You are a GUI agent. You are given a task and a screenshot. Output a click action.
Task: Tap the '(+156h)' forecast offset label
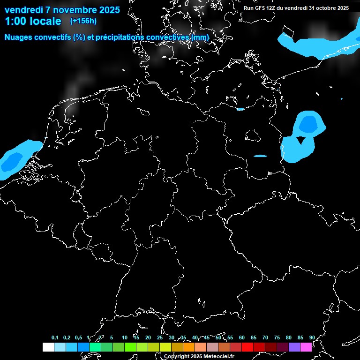pyautogui.click(x=83, y=21)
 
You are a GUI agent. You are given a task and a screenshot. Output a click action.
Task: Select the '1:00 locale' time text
pyautogui.click(x=33, y=21)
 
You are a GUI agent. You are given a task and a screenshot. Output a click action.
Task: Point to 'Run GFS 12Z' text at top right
pyautogui.click(x=262, y=8)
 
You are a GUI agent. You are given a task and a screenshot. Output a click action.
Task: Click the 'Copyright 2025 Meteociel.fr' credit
pyautogui.click(x=199, y=356)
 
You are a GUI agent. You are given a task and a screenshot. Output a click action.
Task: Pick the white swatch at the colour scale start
pyautogui.click(x=48, y=347)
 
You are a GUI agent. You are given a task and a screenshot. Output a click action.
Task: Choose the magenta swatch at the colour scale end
pyautogui.click(x=306, y=347)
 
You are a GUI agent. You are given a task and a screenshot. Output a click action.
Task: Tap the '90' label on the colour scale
pyautogui.click(x=312, y=337)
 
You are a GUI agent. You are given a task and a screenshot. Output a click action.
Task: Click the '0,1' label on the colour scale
pyautogui.click(x=55, y=337)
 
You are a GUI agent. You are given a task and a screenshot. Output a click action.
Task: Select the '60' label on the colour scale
pyautogui.click(x=241, y=337)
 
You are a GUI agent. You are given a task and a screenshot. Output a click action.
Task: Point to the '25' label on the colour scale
pyautogui.click(x=160, y=337)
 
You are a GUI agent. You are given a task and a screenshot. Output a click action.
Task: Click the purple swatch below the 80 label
pyautogui.click(x=294, y=347)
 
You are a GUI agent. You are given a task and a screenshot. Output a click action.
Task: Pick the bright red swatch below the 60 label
pyautogui.click(x=247, y=347)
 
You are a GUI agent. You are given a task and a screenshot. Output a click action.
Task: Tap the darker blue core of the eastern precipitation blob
pyautogui.click(x=307, y=124)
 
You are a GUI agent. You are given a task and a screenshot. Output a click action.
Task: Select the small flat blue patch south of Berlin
pyautogui.click(x=260, y=156)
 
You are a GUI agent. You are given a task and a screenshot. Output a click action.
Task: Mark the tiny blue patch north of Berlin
pyautogui.click(x=240, y=109)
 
